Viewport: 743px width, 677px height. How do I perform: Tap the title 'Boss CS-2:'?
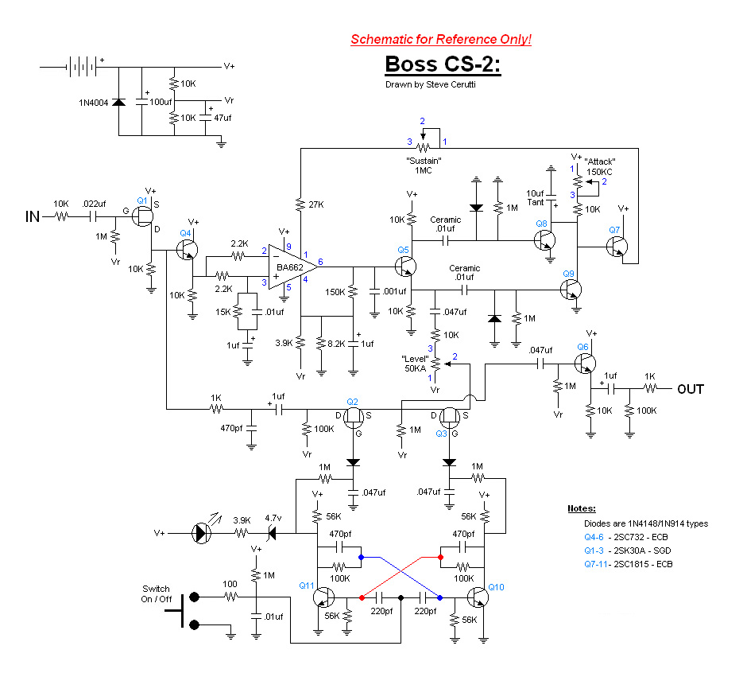point(443,64)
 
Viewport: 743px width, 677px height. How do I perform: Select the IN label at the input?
point(33,217)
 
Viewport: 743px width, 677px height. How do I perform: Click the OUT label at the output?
point(691,389)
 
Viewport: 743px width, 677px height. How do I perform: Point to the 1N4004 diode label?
point(93,103)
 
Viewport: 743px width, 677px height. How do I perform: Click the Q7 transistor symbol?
point(617,247)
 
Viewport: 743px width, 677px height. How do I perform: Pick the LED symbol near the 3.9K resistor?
point(202,533)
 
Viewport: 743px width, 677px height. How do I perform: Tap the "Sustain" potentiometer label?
point(424,161)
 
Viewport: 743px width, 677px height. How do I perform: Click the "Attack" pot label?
point(600,161)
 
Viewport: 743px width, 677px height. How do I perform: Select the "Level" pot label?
point(415,359)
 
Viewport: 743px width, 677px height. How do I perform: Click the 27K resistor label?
point(316,204)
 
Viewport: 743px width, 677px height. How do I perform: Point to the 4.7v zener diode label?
point(273,518)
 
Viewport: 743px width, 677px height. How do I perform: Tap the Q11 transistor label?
point(306,586)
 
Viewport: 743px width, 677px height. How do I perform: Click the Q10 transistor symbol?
point(478,597)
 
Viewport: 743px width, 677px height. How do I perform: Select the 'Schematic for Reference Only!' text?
point(441,39)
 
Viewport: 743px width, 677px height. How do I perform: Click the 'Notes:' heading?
point(582,508)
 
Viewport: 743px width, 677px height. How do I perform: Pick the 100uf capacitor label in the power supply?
point(161,102)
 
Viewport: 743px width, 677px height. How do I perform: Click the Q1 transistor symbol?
point(142,216)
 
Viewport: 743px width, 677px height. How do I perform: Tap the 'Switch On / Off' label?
point(156,594)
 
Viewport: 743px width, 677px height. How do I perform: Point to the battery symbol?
point(83,67)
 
